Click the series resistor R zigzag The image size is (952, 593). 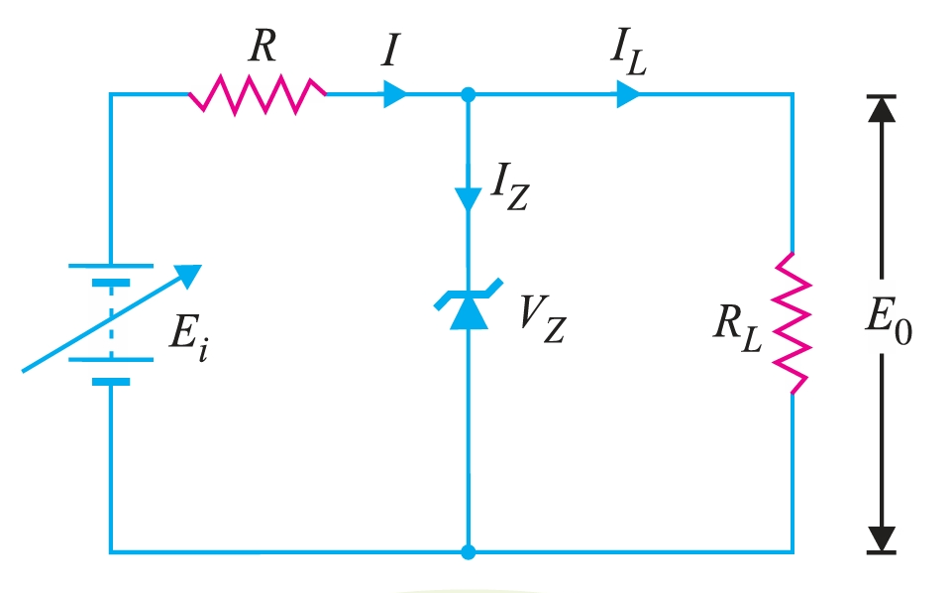click(x=257, y=95)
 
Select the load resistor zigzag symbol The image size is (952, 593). click(x=793, y=322)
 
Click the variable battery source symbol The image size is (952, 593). click(x=110, y=322)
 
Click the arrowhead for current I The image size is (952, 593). click(x=395, y=95)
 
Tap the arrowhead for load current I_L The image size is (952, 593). click(x=628, y=95)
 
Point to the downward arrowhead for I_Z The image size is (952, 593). click(x=469, y=197)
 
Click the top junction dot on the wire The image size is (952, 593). click(x=469, y=95)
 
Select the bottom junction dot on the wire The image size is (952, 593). click(x=469, y=550)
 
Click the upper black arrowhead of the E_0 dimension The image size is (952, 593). click(x=881, y=108)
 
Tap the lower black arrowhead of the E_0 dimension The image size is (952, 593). click(x=881, y=538)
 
